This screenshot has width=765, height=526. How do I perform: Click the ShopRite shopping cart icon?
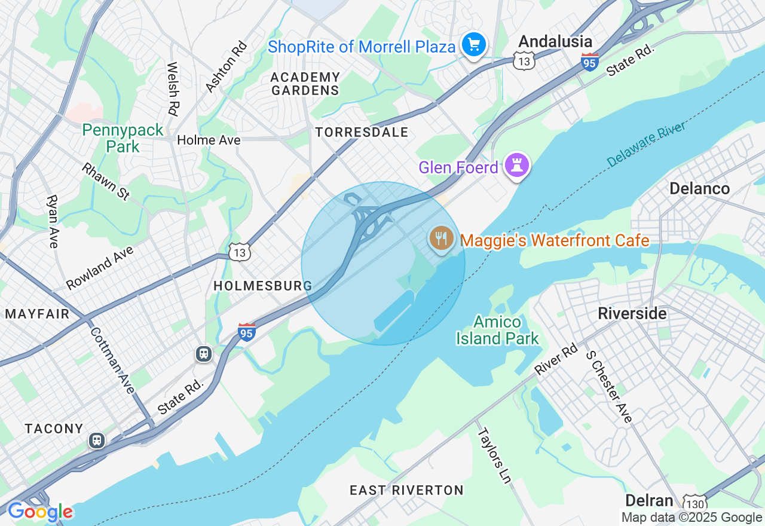(474, 45)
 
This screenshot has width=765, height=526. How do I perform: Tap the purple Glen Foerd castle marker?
(517, 166)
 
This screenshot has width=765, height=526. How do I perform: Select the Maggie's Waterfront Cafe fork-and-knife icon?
(442, 239)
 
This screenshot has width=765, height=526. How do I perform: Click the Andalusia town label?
(555, 41)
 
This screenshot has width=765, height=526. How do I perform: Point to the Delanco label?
(699, 189)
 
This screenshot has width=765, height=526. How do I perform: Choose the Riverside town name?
(632, 313)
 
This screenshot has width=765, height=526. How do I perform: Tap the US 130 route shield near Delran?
(695, 503)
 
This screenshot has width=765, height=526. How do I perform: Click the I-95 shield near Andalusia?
(590, 62)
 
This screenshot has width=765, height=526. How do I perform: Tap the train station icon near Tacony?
(96, 441)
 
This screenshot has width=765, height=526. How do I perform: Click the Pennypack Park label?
(123, 138)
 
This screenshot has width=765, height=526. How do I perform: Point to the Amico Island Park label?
(497, 330)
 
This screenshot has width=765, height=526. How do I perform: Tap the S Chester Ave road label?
(608, 386)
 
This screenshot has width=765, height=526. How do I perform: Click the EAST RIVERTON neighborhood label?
(406, 490)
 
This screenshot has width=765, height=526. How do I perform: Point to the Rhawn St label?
(106, 181)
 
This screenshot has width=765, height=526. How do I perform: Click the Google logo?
(40, 512)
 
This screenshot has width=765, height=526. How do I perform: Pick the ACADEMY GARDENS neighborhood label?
(305, 84)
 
